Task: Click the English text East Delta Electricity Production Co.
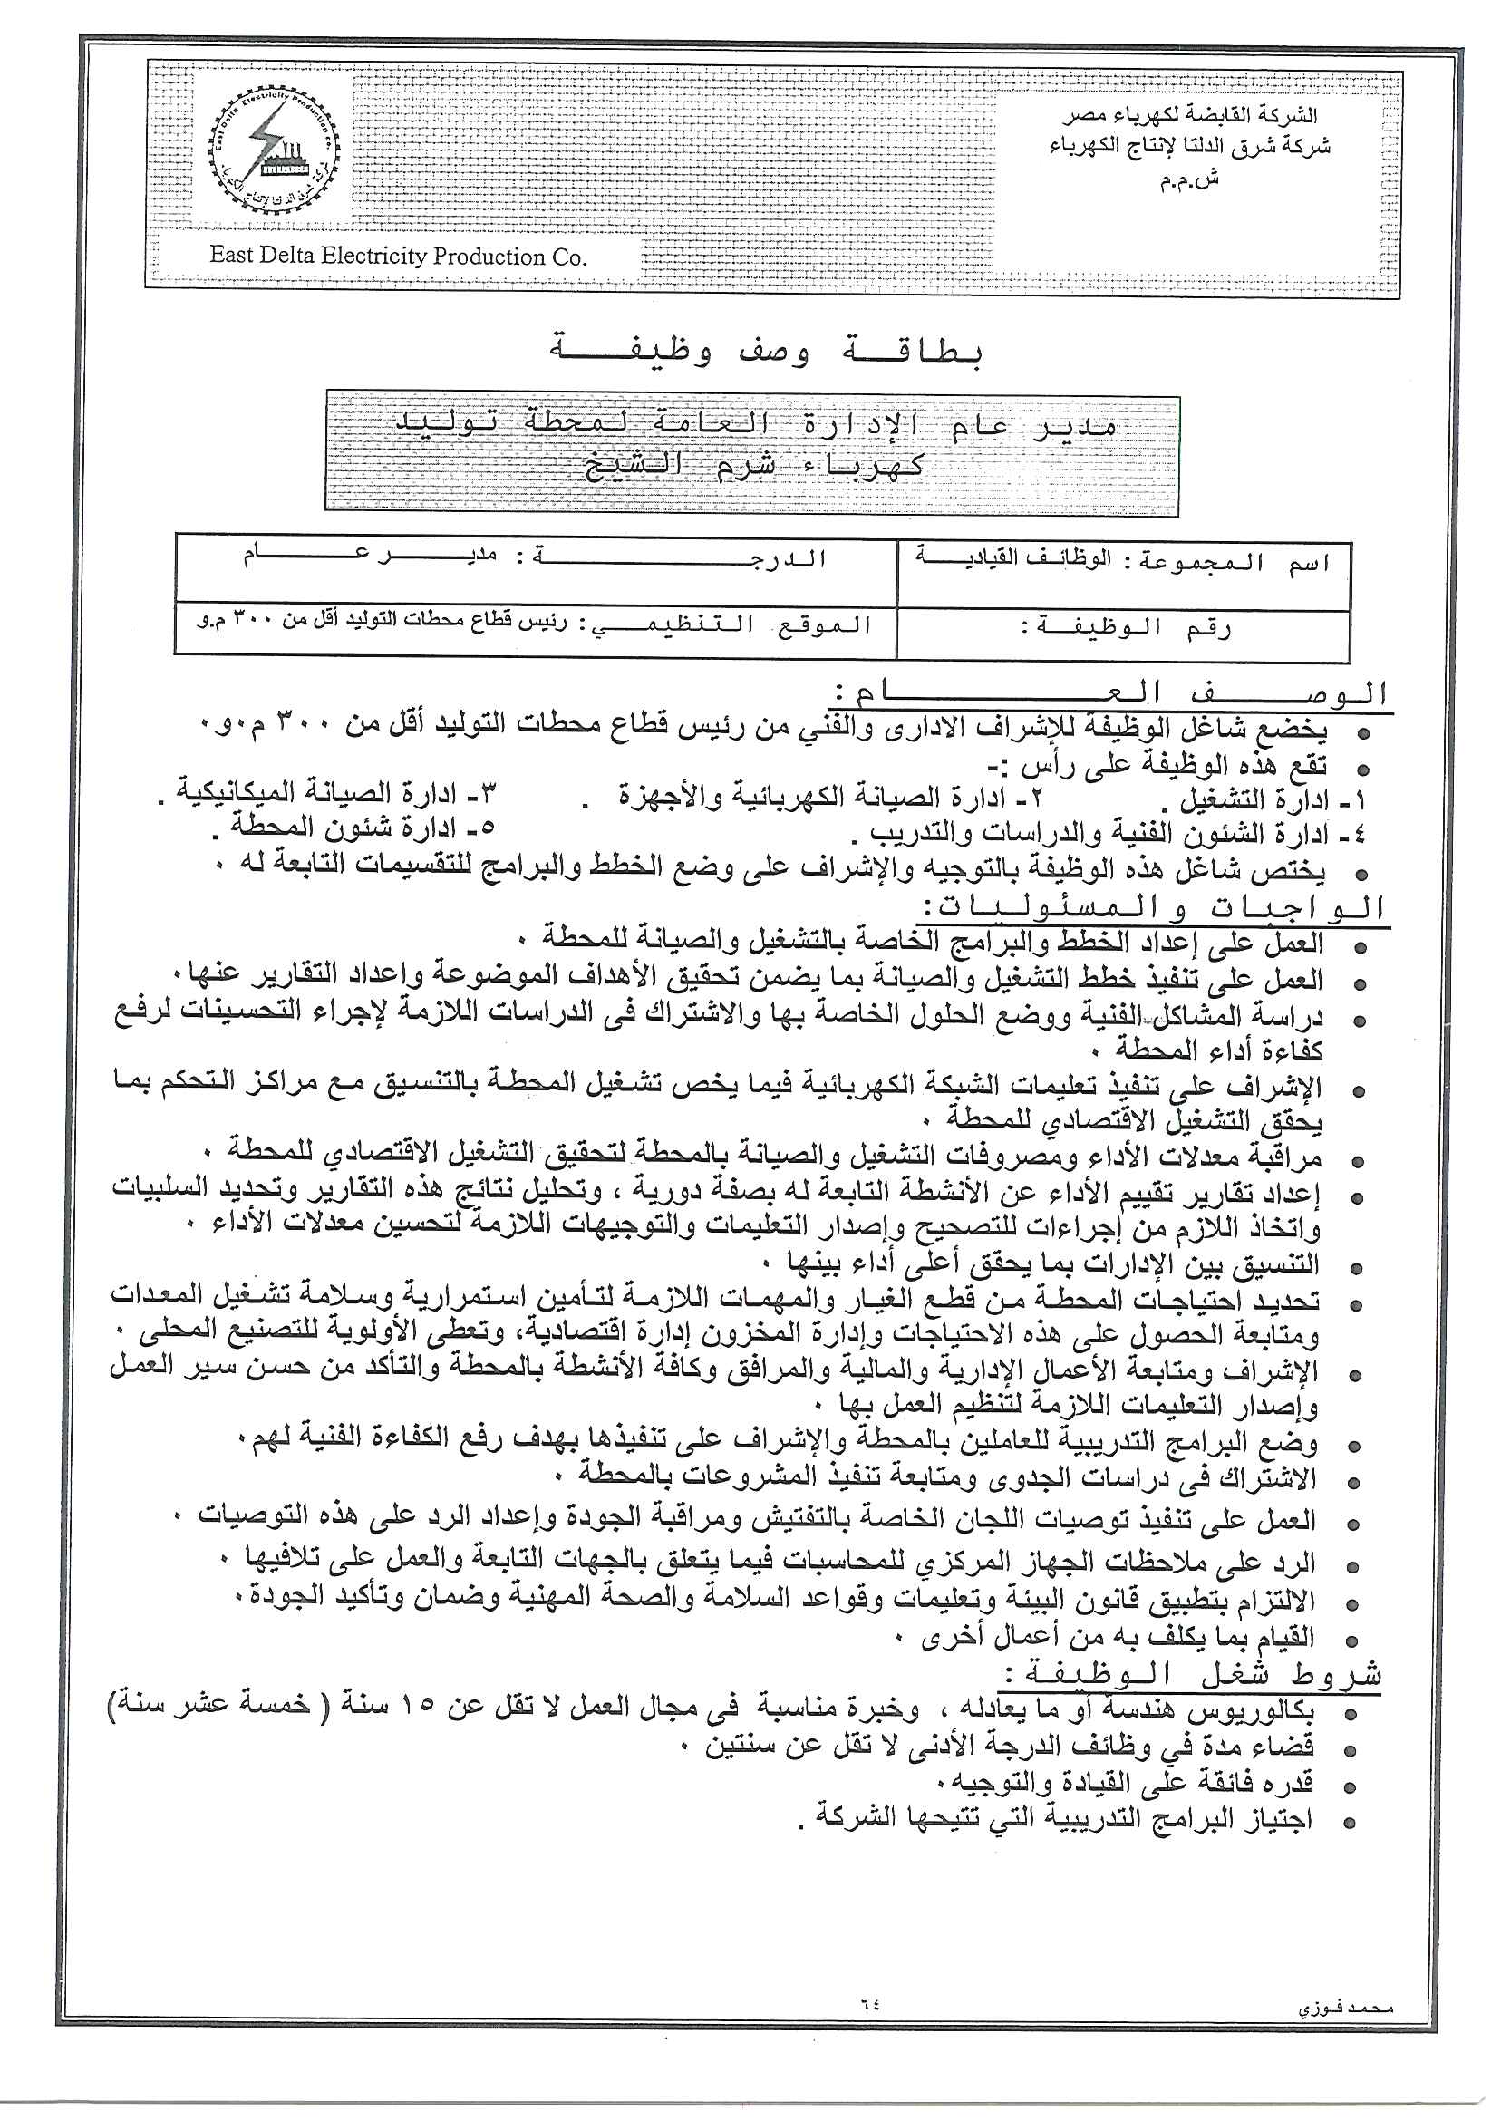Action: click(398, 256)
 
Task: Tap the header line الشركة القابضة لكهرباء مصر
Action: click(1189, 115)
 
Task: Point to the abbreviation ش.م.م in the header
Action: click(1189, 179)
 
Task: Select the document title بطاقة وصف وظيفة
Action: click(766, 350)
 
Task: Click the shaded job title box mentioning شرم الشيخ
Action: click(752, 454)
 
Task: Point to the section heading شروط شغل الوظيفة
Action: click(1192, 1674)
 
